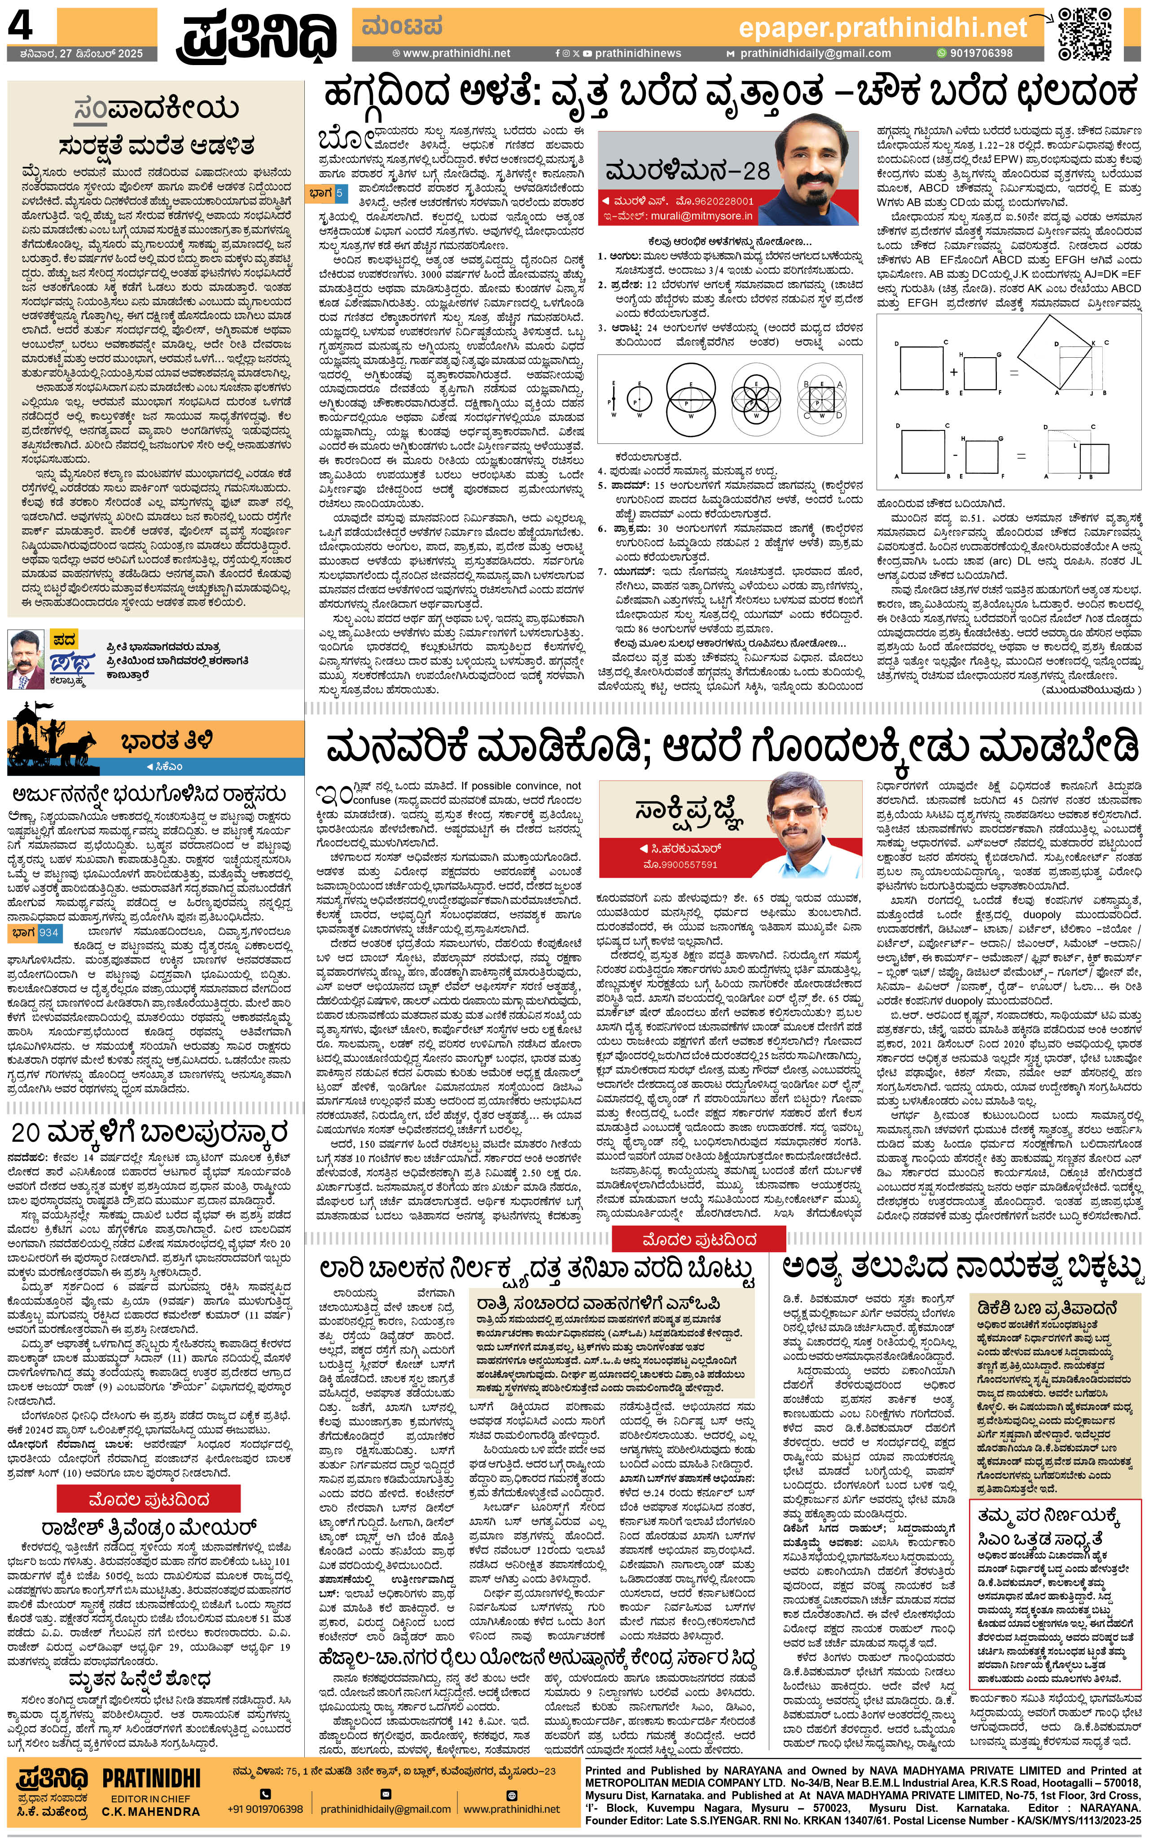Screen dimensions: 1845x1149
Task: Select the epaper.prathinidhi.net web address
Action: [882, 28]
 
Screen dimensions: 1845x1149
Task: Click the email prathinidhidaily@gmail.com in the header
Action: [815, 53]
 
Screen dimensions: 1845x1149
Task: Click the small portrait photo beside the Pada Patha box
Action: [26, 659]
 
